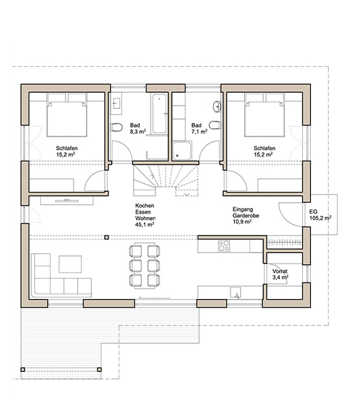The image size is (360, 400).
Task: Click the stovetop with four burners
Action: click(x=224, y=246)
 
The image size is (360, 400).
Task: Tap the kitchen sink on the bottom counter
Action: click(x=236, y=292)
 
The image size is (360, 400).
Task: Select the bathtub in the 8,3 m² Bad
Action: click(x=160, y=113)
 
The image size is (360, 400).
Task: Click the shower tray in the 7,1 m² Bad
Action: click(x=181, y=151)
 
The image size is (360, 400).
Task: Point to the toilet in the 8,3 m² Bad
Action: click(x=117, y=127)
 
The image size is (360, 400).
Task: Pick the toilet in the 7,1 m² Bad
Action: click(x=215, y=125)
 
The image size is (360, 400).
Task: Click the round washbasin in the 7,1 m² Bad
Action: click(x=217, y=106)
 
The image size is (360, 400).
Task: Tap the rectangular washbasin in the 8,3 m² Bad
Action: click(x=117, y=103)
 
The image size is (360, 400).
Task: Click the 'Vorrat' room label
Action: click(x=280, y=271)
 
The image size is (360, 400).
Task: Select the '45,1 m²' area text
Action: click(x=145, y=225)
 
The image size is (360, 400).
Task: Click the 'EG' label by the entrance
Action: click(x=314, y=212)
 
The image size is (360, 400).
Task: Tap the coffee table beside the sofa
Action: click(x=70, y=264)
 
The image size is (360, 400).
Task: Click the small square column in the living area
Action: click(x=106, y=238)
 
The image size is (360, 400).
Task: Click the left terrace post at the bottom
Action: click(x=22, y=370)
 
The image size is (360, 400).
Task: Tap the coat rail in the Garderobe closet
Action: click(x=285, y=242)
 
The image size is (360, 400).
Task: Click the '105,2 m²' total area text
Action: click(x=320, y=218)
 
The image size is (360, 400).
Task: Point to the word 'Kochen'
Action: click(x=145, y=205)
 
